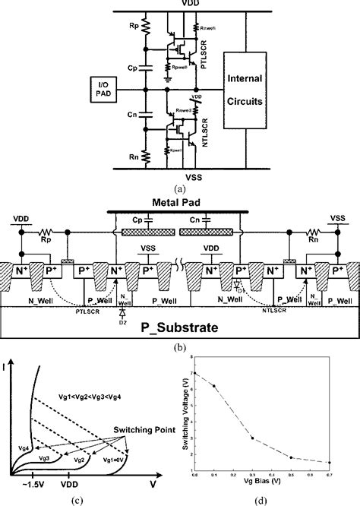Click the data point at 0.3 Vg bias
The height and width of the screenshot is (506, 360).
pyautogui.click(x=251, y=438)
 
